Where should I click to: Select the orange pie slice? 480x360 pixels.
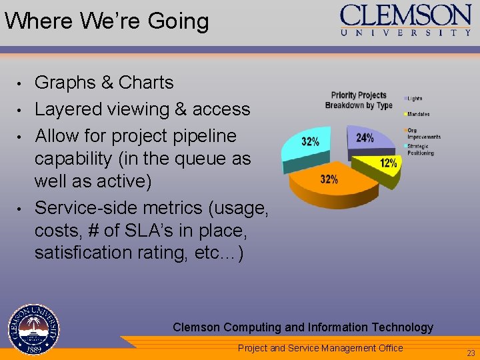click(333, 183)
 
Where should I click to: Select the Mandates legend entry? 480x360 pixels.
click(419, 114)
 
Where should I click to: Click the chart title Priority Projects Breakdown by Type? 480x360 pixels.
click(359, 100)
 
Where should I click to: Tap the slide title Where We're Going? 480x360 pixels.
click(107, 21)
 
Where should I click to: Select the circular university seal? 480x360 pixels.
click(33, 329)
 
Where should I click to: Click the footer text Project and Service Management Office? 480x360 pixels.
click(321, 347)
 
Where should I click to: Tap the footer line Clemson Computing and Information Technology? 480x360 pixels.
click(303, 327)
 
